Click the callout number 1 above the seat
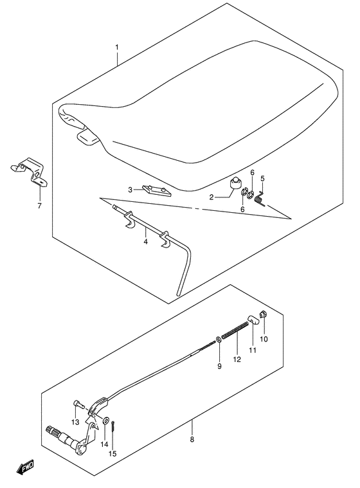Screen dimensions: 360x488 [117, 48]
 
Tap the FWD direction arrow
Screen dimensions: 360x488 [25, 467]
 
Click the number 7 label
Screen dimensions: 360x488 [39, 206]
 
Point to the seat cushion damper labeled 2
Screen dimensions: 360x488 [236, 183]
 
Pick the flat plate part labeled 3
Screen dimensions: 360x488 [157, 190]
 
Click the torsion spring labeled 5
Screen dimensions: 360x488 [260, 199]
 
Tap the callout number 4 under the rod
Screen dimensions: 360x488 [146, 242]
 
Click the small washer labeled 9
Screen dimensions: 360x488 [219, 339]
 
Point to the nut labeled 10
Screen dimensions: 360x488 [264, 314]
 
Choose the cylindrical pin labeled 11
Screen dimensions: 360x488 [253, 320]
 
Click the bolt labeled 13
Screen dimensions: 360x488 [78, 404]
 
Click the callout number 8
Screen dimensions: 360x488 [192, 439]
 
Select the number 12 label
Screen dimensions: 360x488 [237, 359]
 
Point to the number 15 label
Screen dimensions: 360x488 [113, 454]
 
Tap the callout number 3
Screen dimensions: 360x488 [130, 190]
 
